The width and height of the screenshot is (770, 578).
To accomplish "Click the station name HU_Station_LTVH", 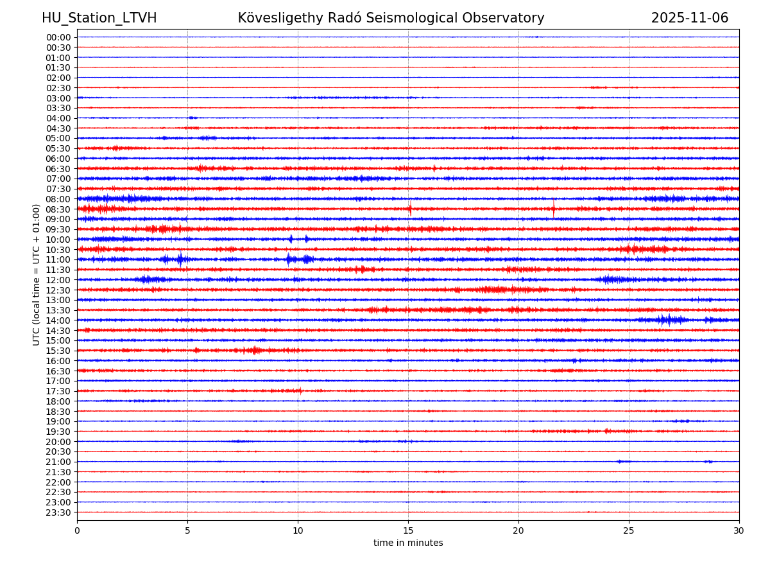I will (99, 18).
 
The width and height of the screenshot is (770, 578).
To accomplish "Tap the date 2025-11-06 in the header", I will (690, 18).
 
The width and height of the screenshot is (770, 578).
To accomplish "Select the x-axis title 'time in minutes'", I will (408, 543).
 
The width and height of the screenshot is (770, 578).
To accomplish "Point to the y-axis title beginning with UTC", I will (37, 274).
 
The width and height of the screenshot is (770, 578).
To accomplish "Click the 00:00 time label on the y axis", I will (58, 37).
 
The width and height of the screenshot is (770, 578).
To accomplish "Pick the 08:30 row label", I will (58, 209).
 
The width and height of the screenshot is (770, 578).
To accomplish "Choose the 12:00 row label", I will (58, 280).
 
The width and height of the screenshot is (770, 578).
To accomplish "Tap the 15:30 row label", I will (58, 351).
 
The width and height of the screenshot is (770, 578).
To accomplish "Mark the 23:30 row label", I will (58, 512).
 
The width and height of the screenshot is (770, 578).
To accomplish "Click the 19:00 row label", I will (58, 421).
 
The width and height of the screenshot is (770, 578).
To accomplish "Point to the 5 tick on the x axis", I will (187, 530).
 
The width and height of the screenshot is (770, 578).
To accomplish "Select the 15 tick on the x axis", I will (408, 530).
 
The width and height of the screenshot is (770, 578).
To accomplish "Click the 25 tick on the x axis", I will (629, 530).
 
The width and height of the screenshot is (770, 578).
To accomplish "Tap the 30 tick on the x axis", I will (739, 530).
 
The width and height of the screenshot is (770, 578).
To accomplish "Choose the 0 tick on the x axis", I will (77, 530).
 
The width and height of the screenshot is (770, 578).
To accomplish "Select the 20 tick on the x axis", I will (518, 530).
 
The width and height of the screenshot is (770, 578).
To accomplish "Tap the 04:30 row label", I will (58, 128).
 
